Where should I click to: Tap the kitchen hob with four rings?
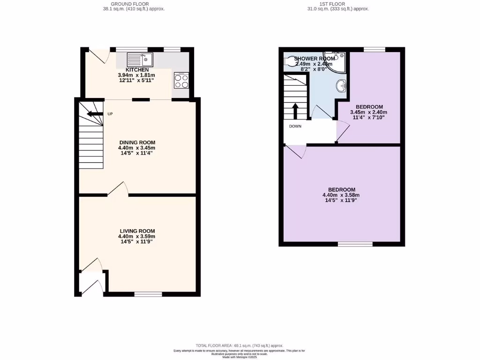coord(181,80)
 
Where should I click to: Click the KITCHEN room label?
coord(137,70)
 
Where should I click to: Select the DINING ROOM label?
coord(137,142)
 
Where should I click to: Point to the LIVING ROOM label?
coord(137,231)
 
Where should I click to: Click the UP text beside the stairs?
coord(110,114)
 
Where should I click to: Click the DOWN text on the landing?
coord(295,126)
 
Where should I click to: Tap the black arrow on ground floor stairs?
coord(95,114)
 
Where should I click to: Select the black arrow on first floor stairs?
coord(295,111)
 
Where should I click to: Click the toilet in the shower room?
coord(291,61)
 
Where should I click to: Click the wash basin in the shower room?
coord(342,86)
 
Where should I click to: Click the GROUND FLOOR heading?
coord(126,4)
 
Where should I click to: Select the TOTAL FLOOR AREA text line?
coord(240,345)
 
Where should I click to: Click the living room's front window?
coord(148,294)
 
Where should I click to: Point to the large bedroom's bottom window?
coord(355,244)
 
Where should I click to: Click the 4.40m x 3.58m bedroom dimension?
coord(341,195)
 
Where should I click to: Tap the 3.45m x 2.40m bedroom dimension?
coord(369,112)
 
